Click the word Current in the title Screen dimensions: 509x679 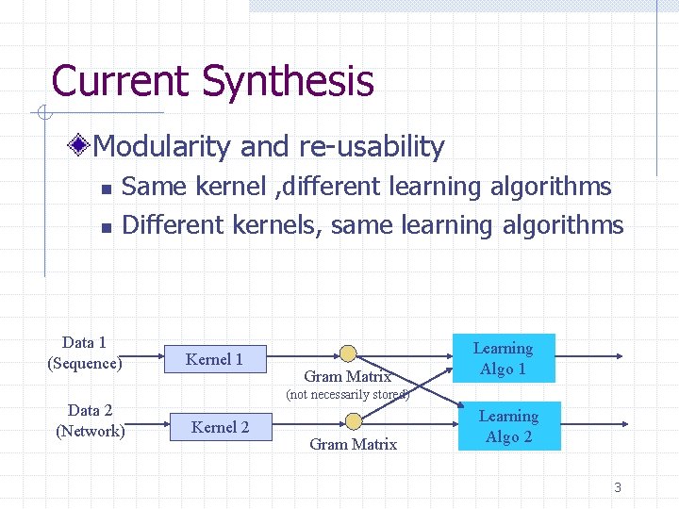click(120, 81)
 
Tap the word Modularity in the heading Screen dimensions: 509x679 click(163, 146)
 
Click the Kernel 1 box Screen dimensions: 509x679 click(215, 358)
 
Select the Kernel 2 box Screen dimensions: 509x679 click(220, 427)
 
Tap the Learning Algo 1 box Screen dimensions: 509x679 click(504, 358)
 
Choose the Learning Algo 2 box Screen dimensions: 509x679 click(508, 426)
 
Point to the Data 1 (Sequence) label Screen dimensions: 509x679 click(85, 353)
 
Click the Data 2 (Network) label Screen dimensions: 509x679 click(91, 420)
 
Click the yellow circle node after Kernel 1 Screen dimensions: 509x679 click(348, 354)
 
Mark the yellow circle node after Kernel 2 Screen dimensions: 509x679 click(354, 420)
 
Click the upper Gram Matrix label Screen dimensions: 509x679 click(348, 376)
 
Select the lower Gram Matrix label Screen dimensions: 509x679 click(354, 444)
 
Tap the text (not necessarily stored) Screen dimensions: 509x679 click(347, 394)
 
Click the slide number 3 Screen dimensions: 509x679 click(618, 487)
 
